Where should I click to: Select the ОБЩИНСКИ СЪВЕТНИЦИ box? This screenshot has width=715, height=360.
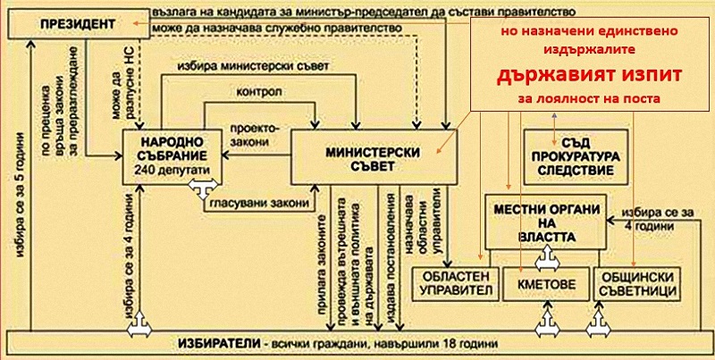pyautogui.click(x=635, y=284)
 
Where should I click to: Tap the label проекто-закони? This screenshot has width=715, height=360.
pyautogui.click(x=252, y=133)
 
